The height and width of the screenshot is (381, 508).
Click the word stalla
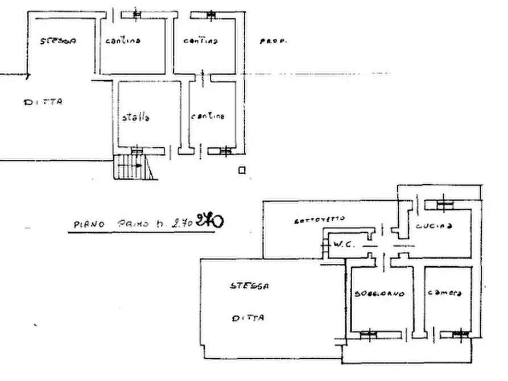tap(135, 118)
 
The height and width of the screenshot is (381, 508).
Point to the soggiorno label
tap(379, 294)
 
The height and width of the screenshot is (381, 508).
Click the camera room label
tap(445, 293)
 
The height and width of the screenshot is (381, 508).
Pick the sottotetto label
tap(320, 219)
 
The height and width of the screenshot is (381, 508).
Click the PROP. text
tap(272, 42)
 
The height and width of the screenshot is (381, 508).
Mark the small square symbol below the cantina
tap(242, 169)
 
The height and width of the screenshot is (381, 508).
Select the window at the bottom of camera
tap(460, 334)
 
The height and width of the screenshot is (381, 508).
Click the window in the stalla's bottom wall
tap(137, 150)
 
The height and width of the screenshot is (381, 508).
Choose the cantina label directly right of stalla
tap(208, 116)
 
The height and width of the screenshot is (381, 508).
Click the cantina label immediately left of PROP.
tap(201, 41)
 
